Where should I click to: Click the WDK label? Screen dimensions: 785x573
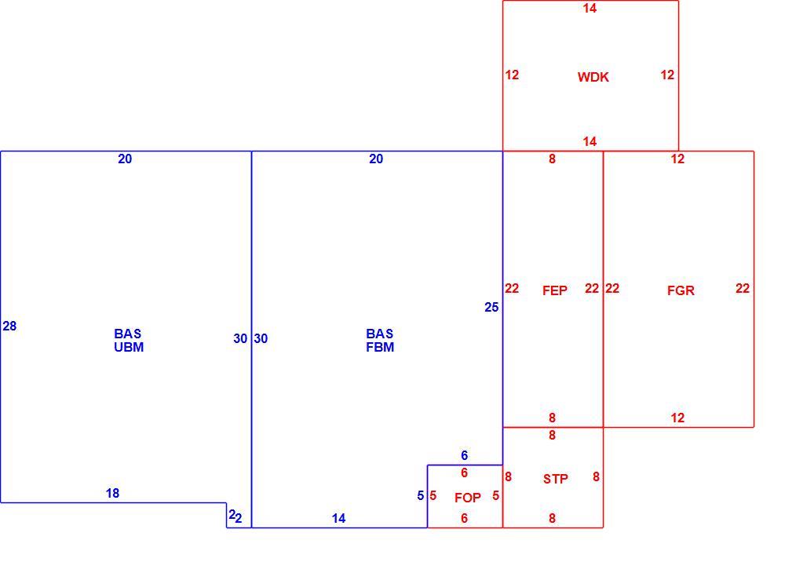pyautogui.click(x=593, y=77)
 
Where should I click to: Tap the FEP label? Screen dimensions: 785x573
pyautogui.click(x=555, y=290)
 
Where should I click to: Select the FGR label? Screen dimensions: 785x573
pyautogui.click(x=681, y=290)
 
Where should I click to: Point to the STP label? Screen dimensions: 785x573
pyautogui.click(x=555, y=479)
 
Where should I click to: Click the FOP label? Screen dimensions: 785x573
pyautogui.click(x=468, y=498)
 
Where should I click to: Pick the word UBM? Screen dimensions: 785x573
pyautogui.click(x=129, y=347)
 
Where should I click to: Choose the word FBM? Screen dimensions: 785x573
pyautogui.click(x=380, y=347)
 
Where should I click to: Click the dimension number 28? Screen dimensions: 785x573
pyautogui.click(x=9, y=327)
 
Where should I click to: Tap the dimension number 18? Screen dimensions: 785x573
pyautogui.click(x=112, y=494)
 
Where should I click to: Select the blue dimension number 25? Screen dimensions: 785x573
pyautogui.click(x=491, y=307)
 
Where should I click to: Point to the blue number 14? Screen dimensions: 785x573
pyautogui.click(x=339, y=519)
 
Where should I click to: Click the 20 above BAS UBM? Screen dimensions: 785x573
pyautogui.click(x=125, y=159)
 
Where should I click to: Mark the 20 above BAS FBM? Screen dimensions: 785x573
pyautogui.click(x=376, y=159)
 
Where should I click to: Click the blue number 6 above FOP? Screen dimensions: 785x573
pyautogui.click(x=465, y=455)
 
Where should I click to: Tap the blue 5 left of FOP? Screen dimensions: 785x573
pyautogui.click(x=421, y=495)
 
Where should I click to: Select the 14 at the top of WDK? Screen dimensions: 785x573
pyautogui.click(x=590, y=8)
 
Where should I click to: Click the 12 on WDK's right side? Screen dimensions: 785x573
pyautogui.click(x=667, y=75)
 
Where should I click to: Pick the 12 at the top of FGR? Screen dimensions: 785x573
pyautogui.click(x=678, y=159)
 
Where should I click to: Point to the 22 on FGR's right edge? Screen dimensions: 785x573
pyautogui.click(x=743, y=288)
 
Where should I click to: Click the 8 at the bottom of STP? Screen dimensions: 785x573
pyautogui.click(x=552, y=519)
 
